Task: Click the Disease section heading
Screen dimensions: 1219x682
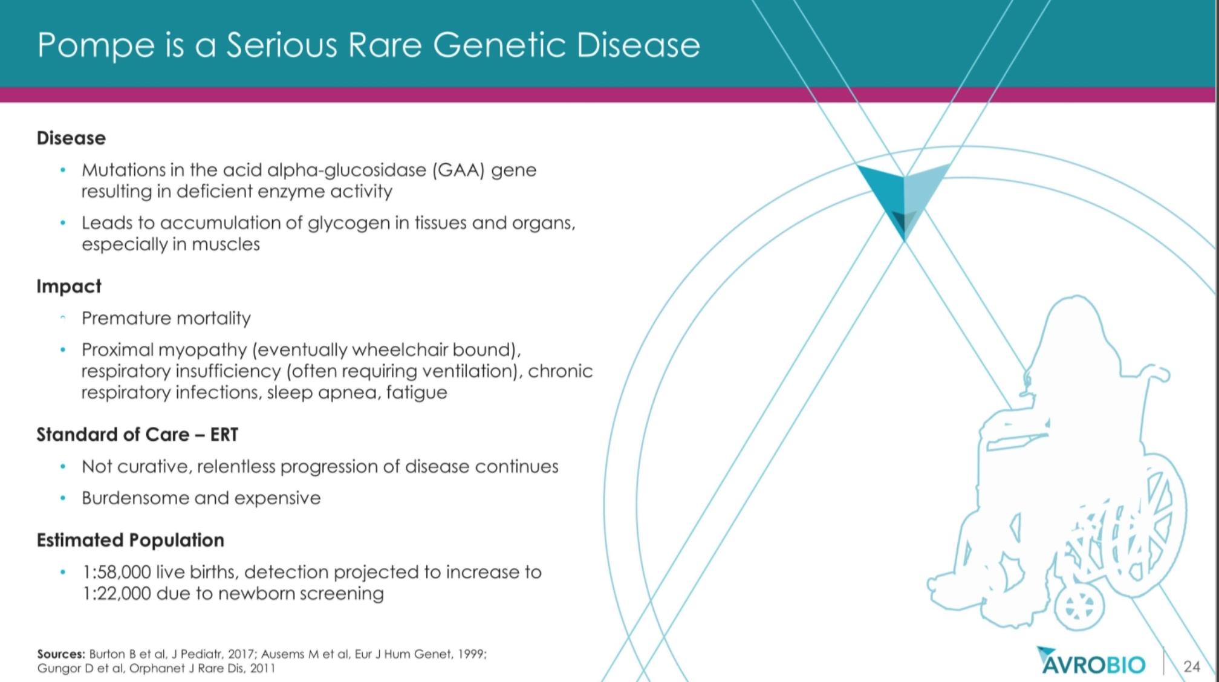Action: pos(71,138)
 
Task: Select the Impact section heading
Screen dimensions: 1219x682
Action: pos(69,286)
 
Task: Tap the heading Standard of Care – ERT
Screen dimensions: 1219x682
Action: pos(137,434)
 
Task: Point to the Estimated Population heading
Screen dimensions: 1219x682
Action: pos(131,540)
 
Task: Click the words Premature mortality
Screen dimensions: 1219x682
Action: pos(166,318)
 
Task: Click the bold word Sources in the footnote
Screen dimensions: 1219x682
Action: pos(61,654)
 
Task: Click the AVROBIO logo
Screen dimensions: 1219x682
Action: pos(1091,661)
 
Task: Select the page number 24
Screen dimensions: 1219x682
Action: pos(1191,666)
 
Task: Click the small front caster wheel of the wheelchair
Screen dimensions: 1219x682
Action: pos(1079,606)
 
